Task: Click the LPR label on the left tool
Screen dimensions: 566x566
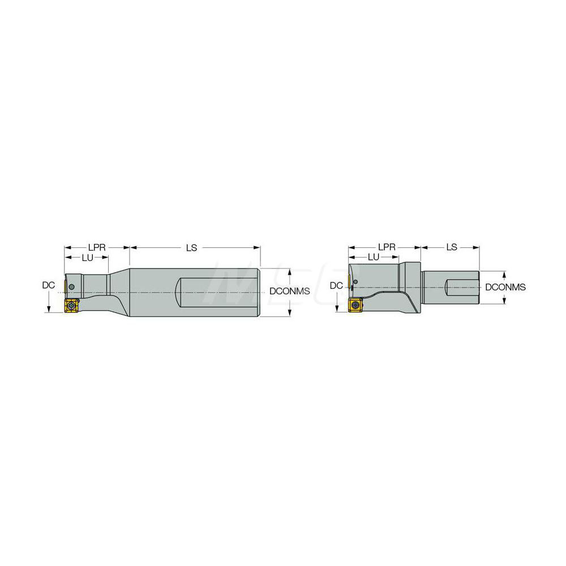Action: (x=95, y=247)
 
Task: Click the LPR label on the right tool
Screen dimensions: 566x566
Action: (x=387, y=247)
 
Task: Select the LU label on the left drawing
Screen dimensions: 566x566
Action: (x=88, y=258)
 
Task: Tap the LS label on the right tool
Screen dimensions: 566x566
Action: (x=451, y=247)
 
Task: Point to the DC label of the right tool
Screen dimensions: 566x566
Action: (x=336, y=286)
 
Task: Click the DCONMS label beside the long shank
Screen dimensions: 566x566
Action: (x=290, y=291)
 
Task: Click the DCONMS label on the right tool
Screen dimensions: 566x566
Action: (x=505, y=288)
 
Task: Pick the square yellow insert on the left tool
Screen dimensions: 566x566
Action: (x=72, y=305)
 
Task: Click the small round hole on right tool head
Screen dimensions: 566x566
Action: (x=357, y=281)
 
